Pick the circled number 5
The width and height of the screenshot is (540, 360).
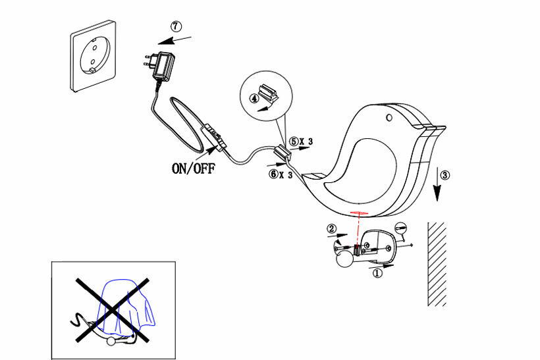(294, 141)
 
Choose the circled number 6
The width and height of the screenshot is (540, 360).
(273, 174)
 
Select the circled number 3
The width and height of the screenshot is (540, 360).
(445, 176)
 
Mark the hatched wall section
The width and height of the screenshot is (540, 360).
(437, 263)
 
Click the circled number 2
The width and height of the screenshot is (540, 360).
(333, 228)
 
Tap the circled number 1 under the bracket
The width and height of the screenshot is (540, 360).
(377, 272)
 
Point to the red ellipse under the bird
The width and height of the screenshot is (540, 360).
(359, 214)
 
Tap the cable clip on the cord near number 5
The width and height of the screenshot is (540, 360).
(281, 153)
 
